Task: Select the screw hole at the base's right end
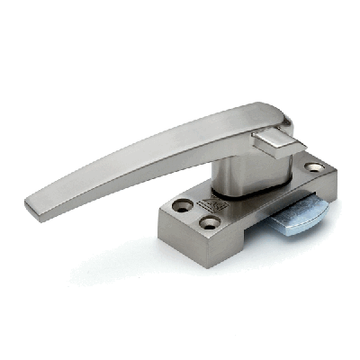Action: (313, 167)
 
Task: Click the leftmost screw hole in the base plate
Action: (184, 206)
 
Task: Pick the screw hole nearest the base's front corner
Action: (210, 222)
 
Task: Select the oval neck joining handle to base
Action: (243, 171)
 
